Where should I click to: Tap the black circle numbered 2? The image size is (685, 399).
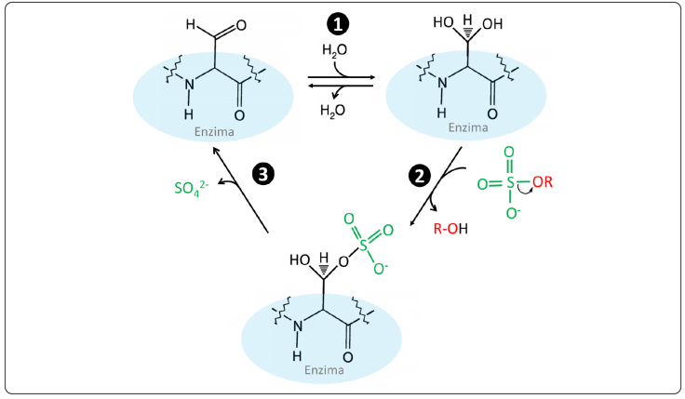420,174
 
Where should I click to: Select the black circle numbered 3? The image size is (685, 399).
264,174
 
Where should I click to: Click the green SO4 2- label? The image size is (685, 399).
194,189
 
